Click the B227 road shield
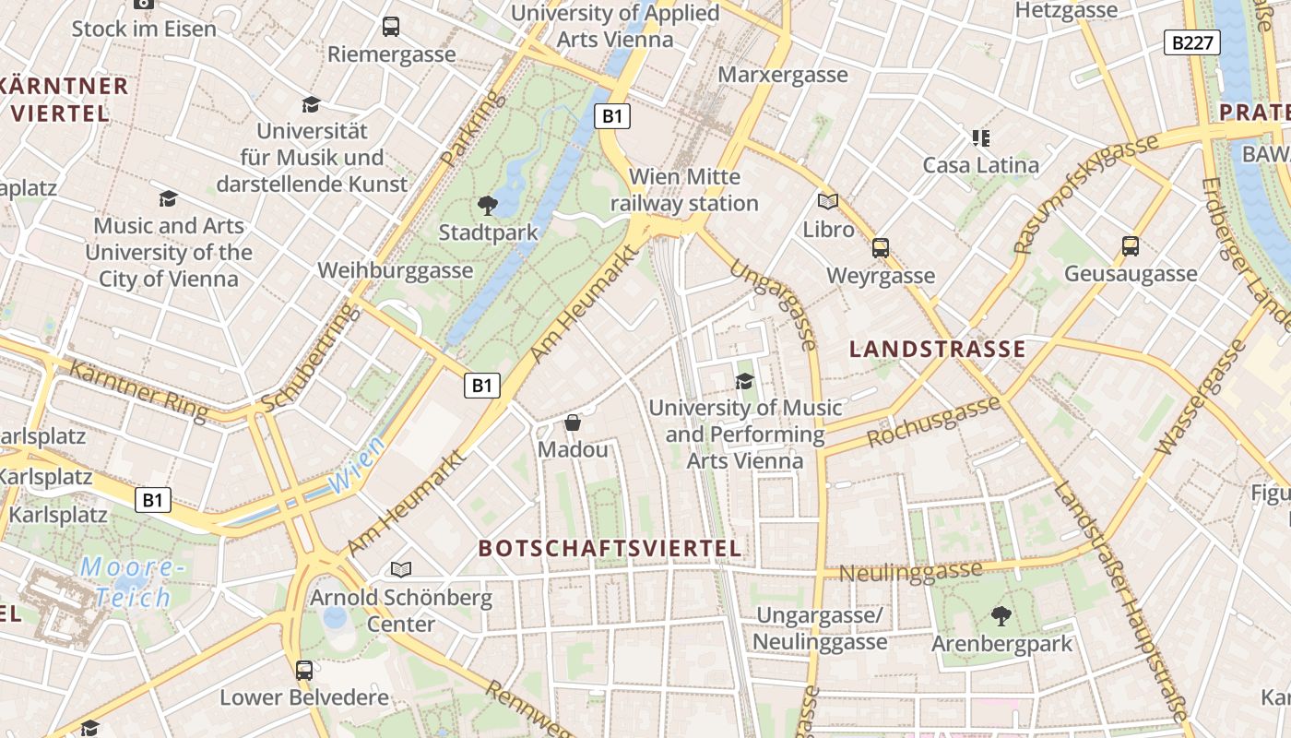[1191, 42]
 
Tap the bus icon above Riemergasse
[391, 27]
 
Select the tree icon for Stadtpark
[487, 206]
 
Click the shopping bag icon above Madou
[573, 423]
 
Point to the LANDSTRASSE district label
[937, 349]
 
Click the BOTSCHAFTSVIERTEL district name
[610, 548]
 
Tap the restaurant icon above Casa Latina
[980, 139]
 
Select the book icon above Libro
[828, 201]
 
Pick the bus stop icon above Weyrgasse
[881, 248]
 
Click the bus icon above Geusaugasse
[1131, 246]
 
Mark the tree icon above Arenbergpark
[1001, 615]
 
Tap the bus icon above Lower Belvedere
[304, 671]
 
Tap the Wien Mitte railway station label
[683, 189]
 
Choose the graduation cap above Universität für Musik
[311, 104]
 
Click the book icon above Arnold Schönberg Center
[400, 570]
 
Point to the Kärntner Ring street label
[138, 391]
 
